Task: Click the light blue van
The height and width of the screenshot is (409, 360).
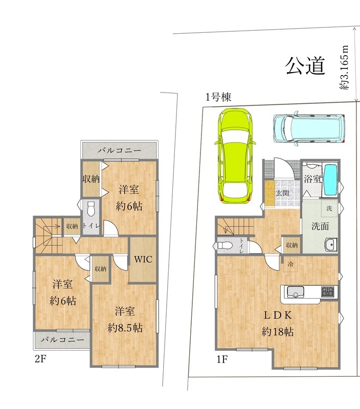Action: point(309,128)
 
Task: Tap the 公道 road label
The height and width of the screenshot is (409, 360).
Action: point(305,65)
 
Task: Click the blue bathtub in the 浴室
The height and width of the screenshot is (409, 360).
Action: point(331,179)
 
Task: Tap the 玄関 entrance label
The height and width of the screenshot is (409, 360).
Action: point(282,193)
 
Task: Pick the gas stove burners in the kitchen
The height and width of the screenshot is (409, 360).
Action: point(327,291)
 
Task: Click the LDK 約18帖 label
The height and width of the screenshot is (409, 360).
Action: point(278,323)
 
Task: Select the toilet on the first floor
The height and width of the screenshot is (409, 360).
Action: point(224,245)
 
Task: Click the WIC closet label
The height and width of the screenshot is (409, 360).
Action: point(143,259)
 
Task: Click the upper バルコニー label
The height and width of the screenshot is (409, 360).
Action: point(119,151)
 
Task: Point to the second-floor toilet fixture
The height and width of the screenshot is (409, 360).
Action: point(92,209)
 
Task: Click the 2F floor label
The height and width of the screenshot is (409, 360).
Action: point(40,359)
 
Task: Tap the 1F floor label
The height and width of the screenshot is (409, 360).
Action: point(221,359)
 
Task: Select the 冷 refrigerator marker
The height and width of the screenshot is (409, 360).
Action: point(290,264)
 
